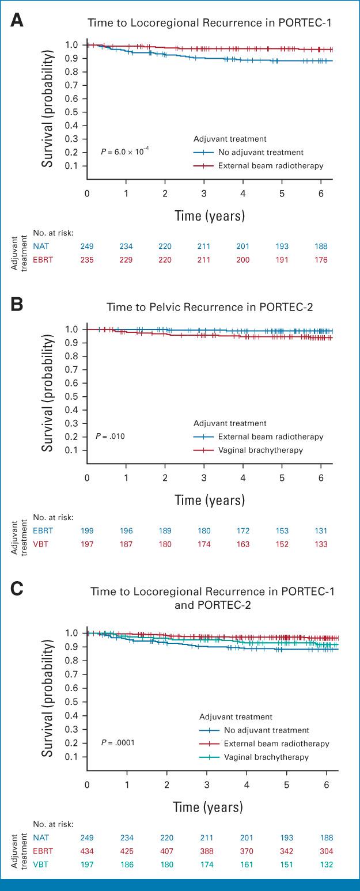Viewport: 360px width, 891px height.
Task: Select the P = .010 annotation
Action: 110,436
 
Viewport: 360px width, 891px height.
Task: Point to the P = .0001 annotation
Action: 118,743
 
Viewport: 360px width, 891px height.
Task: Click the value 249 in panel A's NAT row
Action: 87,247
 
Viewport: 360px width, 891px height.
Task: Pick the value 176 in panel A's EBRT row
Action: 321,260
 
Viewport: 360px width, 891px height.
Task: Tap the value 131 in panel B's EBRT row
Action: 321,530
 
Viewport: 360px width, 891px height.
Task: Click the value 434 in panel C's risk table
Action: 87,851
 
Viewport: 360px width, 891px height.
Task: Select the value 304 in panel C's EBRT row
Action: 321,851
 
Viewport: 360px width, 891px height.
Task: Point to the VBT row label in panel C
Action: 41,865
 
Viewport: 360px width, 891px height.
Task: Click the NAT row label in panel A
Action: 41,247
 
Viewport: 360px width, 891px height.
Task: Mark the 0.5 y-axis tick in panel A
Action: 71,112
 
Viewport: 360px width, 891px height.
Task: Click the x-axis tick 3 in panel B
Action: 204,477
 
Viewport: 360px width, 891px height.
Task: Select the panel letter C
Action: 18,590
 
